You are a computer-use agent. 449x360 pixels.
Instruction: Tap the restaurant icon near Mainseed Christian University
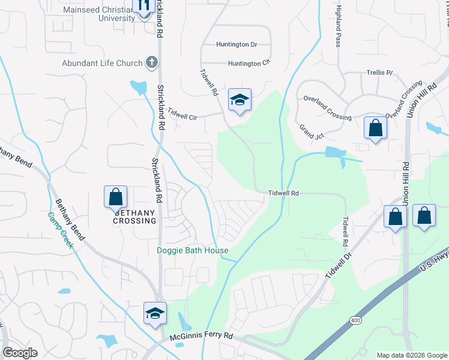click(x=143, y=6)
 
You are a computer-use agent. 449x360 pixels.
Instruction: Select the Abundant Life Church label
click(x=102, y=63)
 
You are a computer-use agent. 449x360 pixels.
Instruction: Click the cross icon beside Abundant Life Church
click(x=152, y=62)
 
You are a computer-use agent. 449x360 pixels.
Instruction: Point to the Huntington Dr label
click(x=237, y=45)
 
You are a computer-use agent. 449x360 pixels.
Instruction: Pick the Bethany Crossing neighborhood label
click(x=135, y=217)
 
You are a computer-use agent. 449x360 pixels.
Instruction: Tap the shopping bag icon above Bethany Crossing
click(x=115, y=196)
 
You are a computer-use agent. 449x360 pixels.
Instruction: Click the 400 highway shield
click(x=356, y=322)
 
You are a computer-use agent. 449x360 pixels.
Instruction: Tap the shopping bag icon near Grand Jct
click(x=375, y=128)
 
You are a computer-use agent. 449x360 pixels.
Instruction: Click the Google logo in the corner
click(x=20, y=353)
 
